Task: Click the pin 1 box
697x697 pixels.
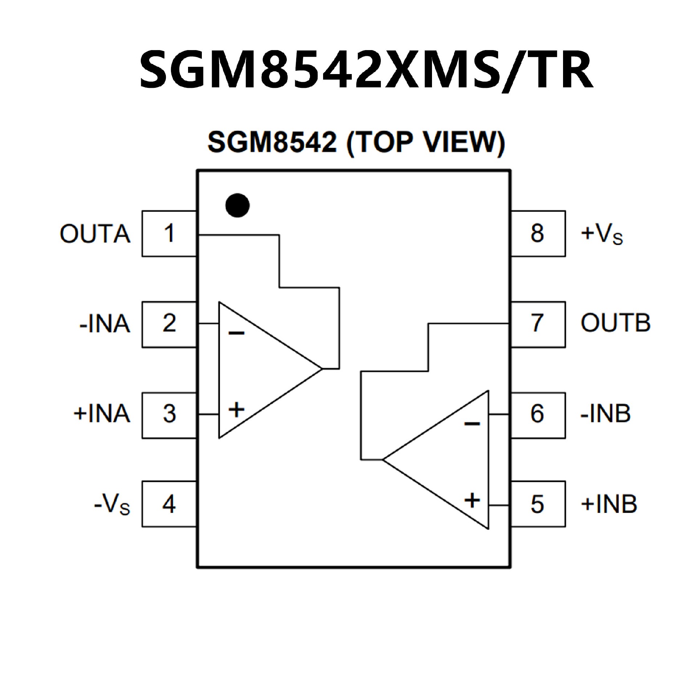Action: tap(169, 233)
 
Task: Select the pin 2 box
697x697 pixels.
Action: tap(169, 324)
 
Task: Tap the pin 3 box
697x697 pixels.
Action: tap(169, 415)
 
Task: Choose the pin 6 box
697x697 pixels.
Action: tap(538, 415)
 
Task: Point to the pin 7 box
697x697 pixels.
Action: tap(538, 324)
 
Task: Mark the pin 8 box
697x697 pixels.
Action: tap(538, 233)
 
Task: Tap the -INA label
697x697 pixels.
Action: tap(105, 324)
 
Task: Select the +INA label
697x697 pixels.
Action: tap(102, 414)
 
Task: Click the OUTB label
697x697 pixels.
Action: tap(615, 323)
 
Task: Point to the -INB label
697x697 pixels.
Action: tap(606, 414)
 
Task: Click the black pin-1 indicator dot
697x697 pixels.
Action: tap(237, 205)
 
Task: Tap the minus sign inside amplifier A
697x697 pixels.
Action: tap(236, 333)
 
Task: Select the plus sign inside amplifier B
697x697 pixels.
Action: tap(472, 501)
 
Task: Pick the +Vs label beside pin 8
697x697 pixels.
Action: tap(602, 234)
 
